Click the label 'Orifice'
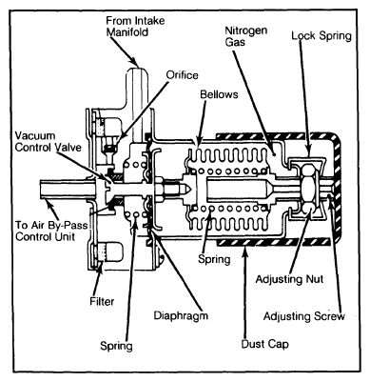(x=182, y=75)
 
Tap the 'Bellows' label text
(x=219, y=94)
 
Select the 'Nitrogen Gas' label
(x=246, y=36)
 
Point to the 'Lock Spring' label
(x=321, y=35)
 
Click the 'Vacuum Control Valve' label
(x=49, y=141)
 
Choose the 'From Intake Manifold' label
(x=135, y=27)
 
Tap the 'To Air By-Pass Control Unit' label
(x=51, y=231)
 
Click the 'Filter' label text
(x=102, y=301)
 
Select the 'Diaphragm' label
(x=181, y=316)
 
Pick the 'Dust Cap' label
(x=264, y=344)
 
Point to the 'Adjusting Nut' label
(x=289, y=279)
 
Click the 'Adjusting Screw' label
(x=304, y=316)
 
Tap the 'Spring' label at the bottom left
(x=116, y=346)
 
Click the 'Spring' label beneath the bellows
(x=214, y=259)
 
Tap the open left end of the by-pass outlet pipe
(x=41, y=190)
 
